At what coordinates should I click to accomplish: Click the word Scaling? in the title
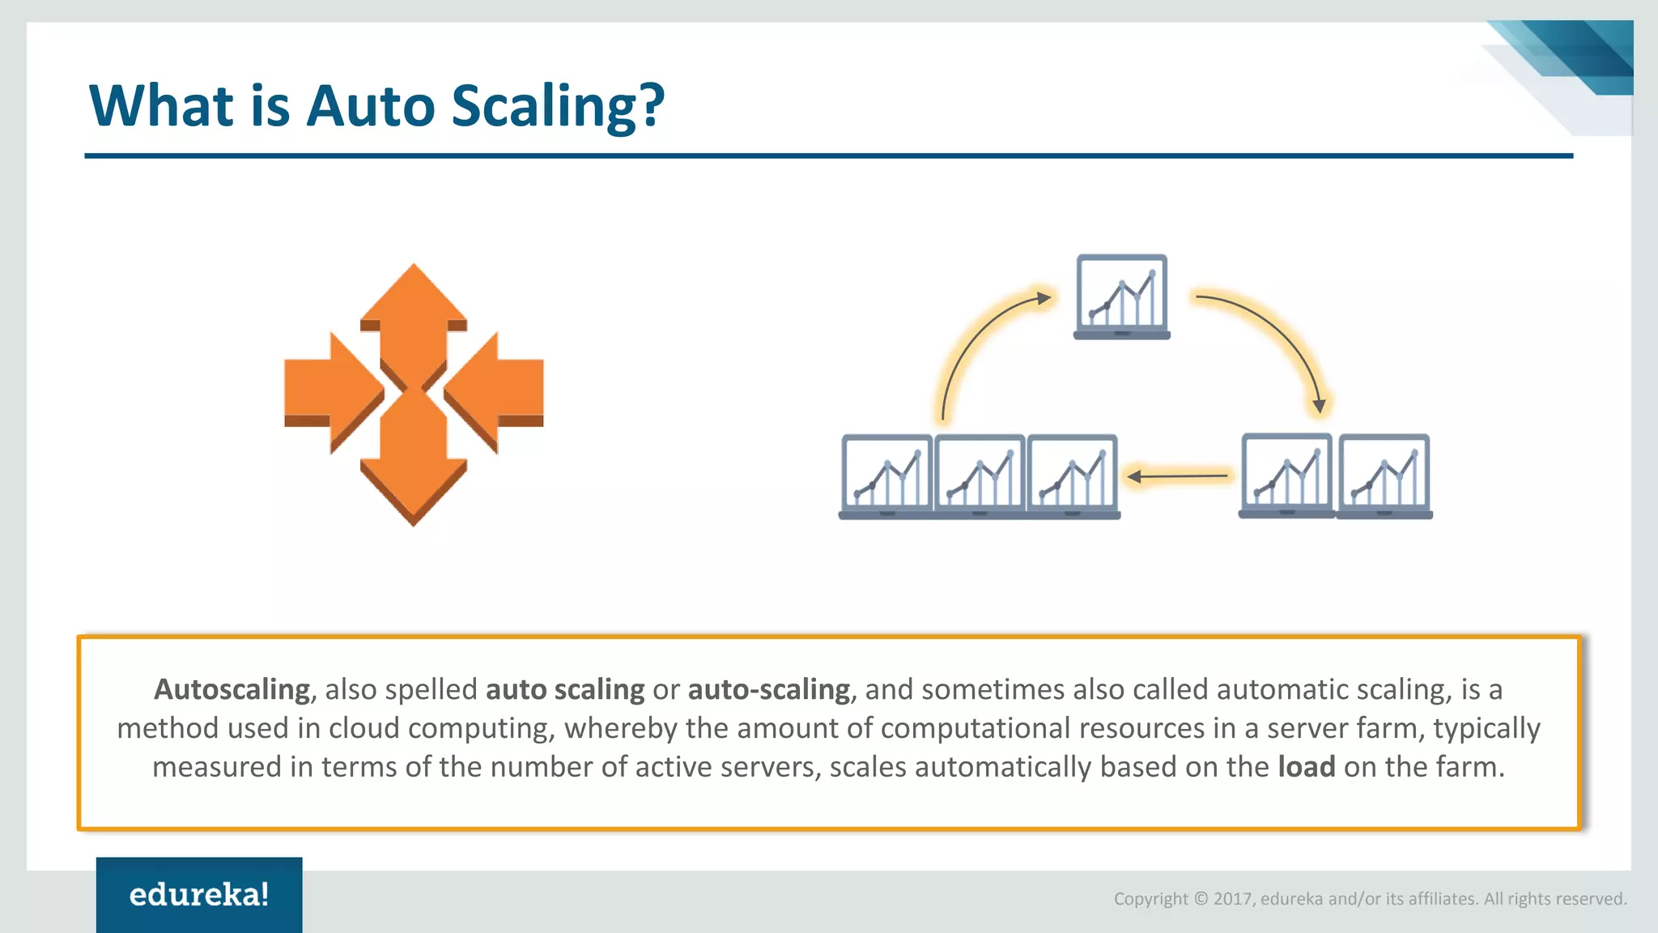click(557, 106)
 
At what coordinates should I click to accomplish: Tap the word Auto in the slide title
click(371, 106)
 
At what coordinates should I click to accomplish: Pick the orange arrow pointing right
click(332, 393)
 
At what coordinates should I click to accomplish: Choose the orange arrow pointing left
click(495, 393)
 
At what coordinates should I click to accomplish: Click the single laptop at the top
click(1121, 296)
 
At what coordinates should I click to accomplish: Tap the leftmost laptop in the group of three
click(886, 476)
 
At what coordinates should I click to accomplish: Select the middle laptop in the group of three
click(980, 476)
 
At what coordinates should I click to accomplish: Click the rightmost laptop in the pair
click(1384, 476)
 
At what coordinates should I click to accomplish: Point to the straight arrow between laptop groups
click(1178, 477)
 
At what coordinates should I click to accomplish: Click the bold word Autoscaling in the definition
click(232, 689)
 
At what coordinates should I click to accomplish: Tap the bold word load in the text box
click(1306, 766)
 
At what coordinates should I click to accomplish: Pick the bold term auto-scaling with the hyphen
click(768, 689)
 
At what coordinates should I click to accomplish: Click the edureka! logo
click(199, 894)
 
